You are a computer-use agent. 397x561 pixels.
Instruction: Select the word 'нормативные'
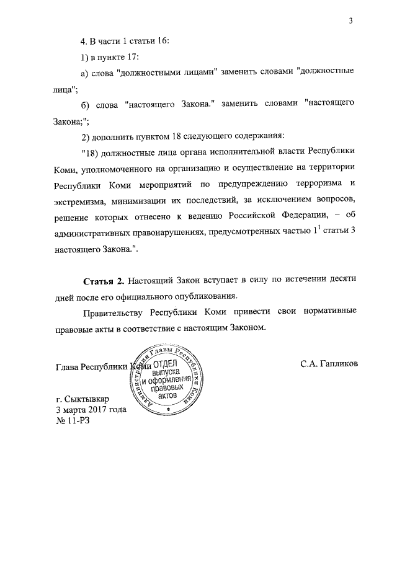329,312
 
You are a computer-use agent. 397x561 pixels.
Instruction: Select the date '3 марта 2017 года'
91,410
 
